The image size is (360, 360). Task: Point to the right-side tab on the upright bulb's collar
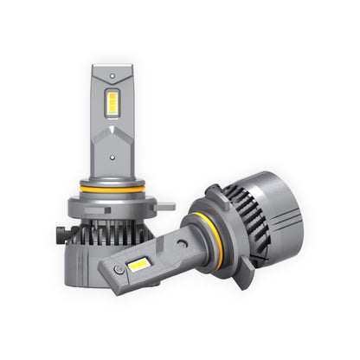(165, 206)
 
